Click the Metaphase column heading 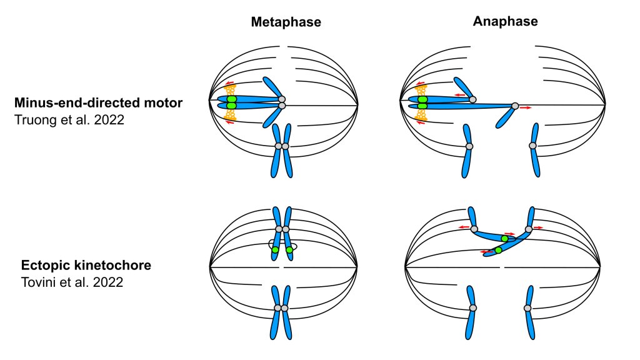point(286,22)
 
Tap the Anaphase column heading point(505,21)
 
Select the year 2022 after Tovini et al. point(108,282)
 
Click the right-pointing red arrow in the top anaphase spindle point(526,107)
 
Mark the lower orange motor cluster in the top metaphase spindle point(231,115)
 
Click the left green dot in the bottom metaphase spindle point(275,250)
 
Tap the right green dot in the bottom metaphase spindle point(289,250)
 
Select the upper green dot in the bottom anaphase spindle point(505,238)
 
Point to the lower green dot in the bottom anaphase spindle point(498,250)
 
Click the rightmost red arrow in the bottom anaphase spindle point(538,227)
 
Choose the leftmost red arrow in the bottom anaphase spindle point(463,227)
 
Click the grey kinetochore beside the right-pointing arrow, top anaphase point(515,106)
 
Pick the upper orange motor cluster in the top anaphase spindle point(421,90)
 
